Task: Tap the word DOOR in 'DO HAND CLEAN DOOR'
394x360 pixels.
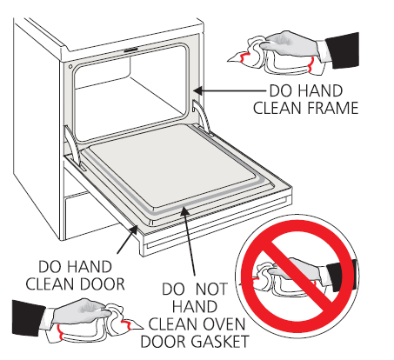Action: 103,284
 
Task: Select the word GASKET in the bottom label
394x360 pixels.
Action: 220,342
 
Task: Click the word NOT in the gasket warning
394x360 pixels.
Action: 211,290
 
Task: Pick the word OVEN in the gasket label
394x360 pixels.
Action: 224,324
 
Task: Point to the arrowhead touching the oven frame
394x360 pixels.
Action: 198,90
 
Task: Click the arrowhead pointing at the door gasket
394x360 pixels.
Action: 184,210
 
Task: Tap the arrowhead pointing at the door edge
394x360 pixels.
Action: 134,230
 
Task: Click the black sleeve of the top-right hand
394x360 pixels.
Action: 343,50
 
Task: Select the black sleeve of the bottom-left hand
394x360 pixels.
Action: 29,318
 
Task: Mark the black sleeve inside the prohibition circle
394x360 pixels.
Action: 342,276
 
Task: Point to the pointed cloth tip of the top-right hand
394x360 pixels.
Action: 228,61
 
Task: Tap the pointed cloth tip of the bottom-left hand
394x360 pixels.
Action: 142,328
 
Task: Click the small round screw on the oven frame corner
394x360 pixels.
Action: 70,67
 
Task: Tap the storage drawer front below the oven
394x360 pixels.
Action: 89,216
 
